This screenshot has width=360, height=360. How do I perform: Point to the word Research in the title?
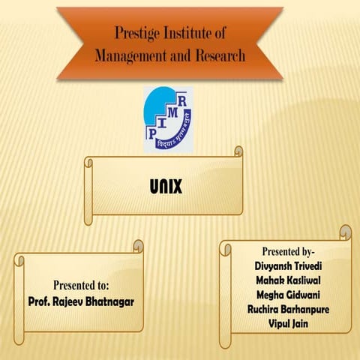point(220,56)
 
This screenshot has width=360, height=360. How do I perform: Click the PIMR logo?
point(167,118)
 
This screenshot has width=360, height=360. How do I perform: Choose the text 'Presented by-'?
point(289,250)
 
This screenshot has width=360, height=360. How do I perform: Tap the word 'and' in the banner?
point(180,56)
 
